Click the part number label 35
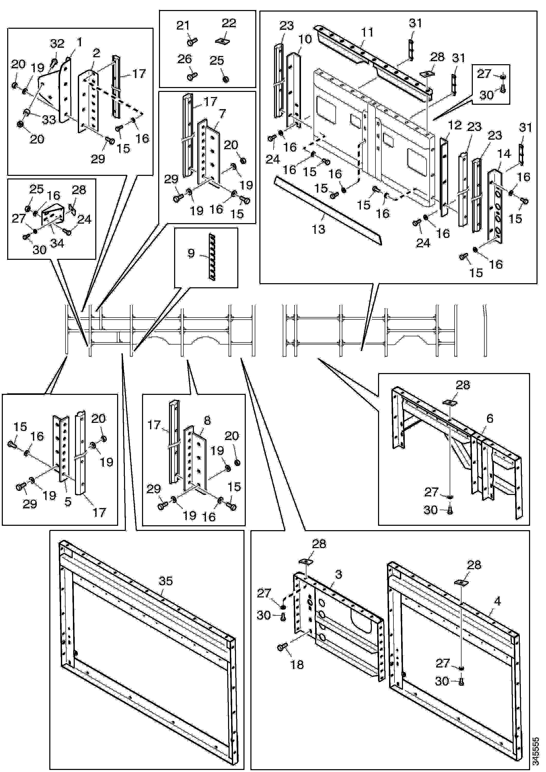tap(165, 581)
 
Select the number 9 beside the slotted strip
tap(191, 253)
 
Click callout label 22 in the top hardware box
tap(229, 24)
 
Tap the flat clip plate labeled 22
tap(223, 41)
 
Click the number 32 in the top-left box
tap(57, 43)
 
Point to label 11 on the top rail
tap(367, 32)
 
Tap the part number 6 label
tap(490, 419)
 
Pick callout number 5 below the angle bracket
tap(68, 502)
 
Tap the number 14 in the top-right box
tap(504, 154)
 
